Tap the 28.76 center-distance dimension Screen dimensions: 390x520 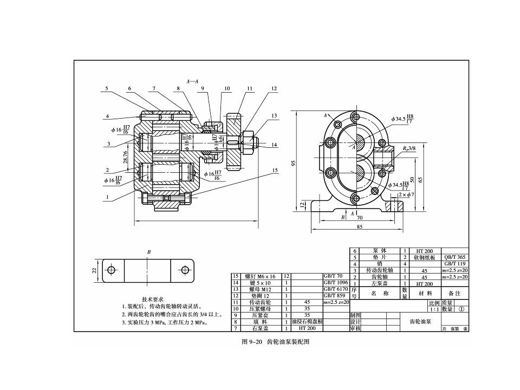tap(126, 157)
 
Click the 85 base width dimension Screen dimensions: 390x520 tap(360, 226)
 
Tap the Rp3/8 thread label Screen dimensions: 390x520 tap(409, 147)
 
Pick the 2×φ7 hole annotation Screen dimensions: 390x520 tap(406, 194)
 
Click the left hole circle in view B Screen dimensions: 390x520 tap(112, 270)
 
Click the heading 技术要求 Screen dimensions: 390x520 tap(153, 300)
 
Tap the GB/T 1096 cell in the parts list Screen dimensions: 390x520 tap(335, 283)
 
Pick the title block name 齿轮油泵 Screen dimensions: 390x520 tap(421, 321)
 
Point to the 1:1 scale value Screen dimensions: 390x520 tap(433, 309)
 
